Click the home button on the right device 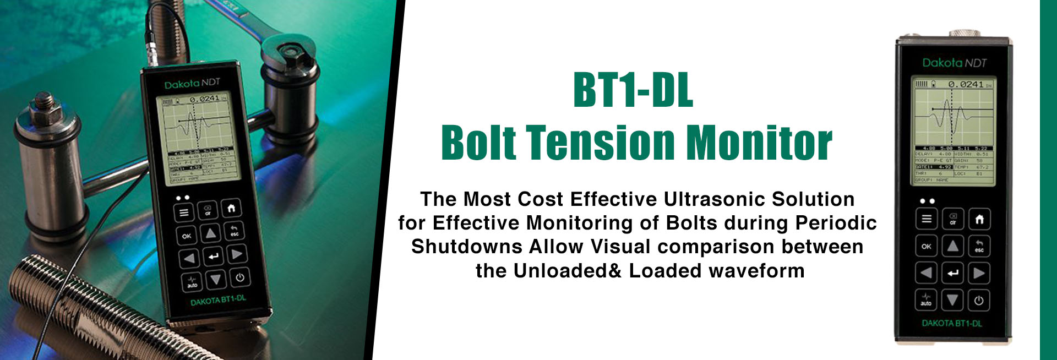979,220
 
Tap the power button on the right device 979,301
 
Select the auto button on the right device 927,300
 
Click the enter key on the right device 953,273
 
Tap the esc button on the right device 979,246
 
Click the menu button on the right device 927,220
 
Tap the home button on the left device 231,209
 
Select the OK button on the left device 187,236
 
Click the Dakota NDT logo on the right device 954,63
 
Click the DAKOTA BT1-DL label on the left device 218,301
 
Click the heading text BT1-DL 633,90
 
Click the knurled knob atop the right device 966,33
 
